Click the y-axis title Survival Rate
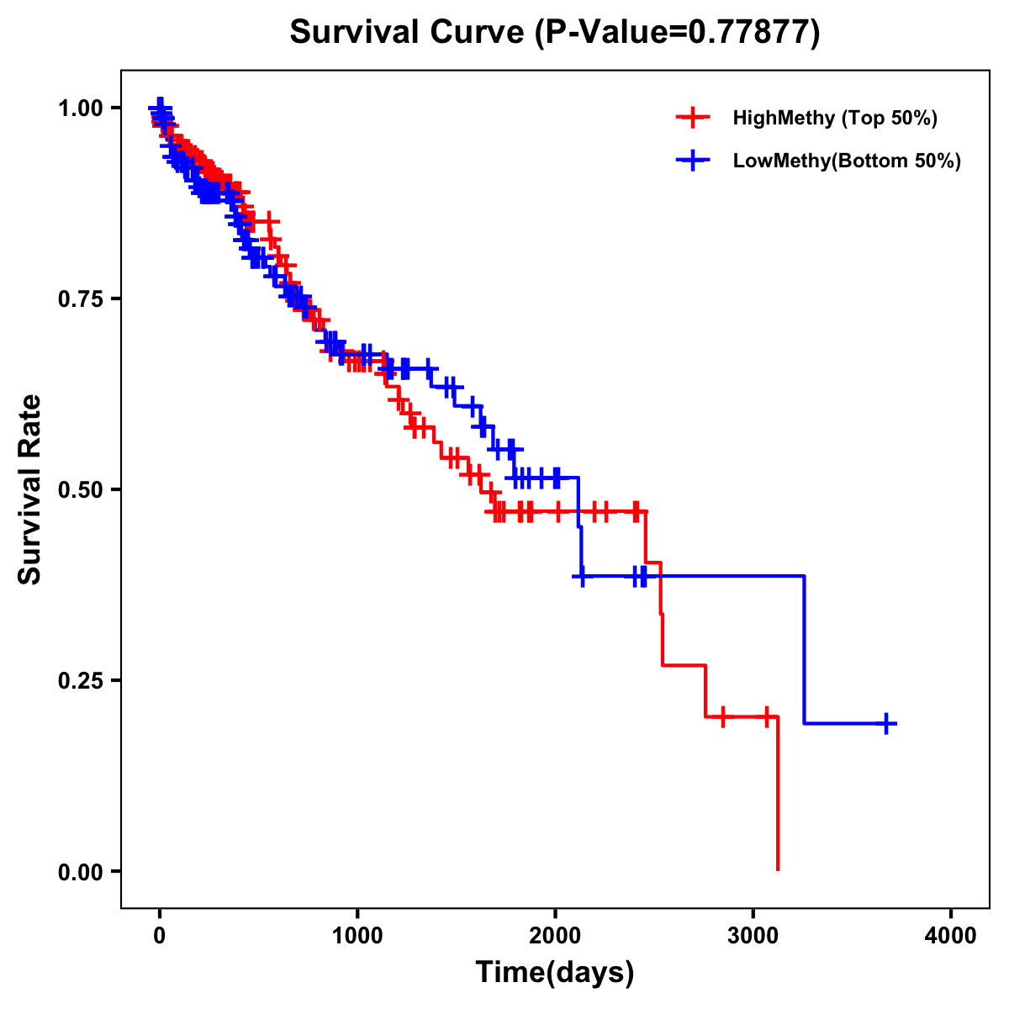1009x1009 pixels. pyautogui.click(x=30, y=489)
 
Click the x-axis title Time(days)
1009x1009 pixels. pyautogui.click(x=555, y=972)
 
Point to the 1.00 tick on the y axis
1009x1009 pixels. pyautogui.click(x=80, y=108)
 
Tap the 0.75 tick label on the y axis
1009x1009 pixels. pyautogui.click(x=80, y=298)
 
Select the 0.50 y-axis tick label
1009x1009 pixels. pyautogui.click(x=80, y=489)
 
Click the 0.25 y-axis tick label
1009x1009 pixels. pyautogui.click(x=80, y=680)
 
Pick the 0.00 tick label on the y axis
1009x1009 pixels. pyautogui.click(x=80, y=871)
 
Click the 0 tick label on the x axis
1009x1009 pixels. pyautogui.click(x=160, y=935)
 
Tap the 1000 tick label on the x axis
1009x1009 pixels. pyautogui.click(x=357, y=935)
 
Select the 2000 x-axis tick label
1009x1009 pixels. pyautogui.click(x=555, y=935)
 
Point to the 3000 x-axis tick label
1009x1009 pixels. pyautogui.click(x=753, y=935)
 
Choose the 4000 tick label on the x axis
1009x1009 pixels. pyautogui.click(x=951, y=935)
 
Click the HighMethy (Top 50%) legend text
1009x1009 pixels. pyautogui.click(x=834, y=118)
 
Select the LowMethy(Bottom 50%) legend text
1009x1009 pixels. pyautogui.click(x=847, y=161)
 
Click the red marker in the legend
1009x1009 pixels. pyautogui.click(x=693, y=118)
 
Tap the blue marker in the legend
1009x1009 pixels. pyautogui.click(x=693, y=161)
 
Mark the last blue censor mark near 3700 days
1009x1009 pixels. pyautogui.click(x=886, y=723)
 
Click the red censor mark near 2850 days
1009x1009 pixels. pyautogui.click(x=723, y=716)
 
